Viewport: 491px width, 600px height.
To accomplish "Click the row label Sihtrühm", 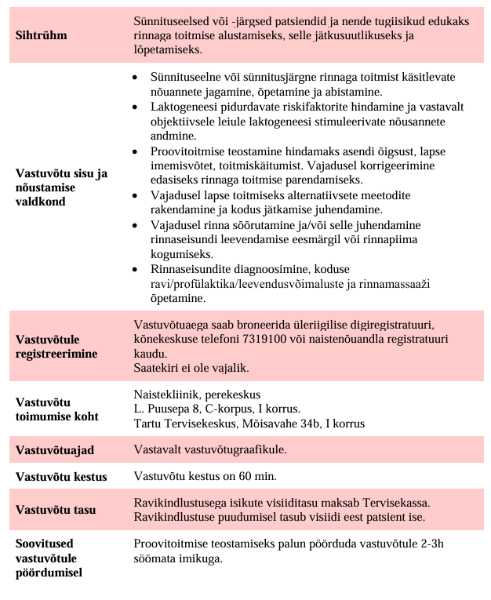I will tap(42, 35).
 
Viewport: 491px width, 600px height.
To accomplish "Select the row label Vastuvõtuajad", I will tap(55, 450).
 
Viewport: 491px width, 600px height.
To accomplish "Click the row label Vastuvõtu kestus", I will tap(61, 477).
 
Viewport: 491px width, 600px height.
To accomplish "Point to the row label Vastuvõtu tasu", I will tap(56, 510).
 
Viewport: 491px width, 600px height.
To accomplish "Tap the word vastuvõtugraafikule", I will tap(233, 450).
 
